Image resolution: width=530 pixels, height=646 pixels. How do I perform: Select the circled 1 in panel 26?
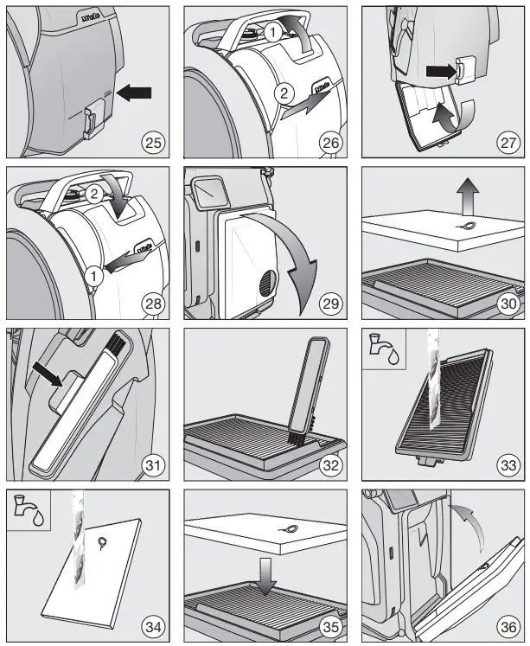click(273, 33)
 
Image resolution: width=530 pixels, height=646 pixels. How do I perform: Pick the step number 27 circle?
click(506, 140)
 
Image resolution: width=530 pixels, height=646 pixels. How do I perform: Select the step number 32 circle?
click(329, 464)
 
